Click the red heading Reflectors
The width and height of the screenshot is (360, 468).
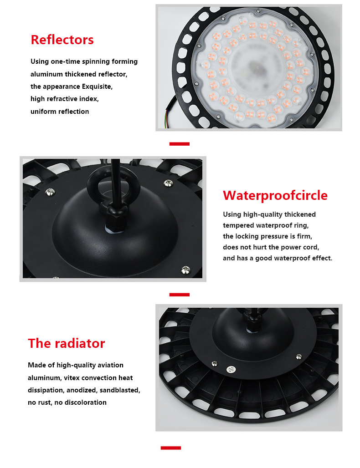(x=62, y=40)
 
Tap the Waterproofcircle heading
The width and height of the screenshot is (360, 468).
(x=275, y=195)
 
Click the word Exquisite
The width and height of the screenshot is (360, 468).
(x=97, y=86)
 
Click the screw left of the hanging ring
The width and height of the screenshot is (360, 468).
(x=50, y=192)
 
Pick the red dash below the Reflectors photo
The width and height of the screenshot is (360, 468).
(x=179, y=144)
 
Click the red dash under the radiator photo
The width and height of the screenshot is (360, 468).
(x=170, y=448)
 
